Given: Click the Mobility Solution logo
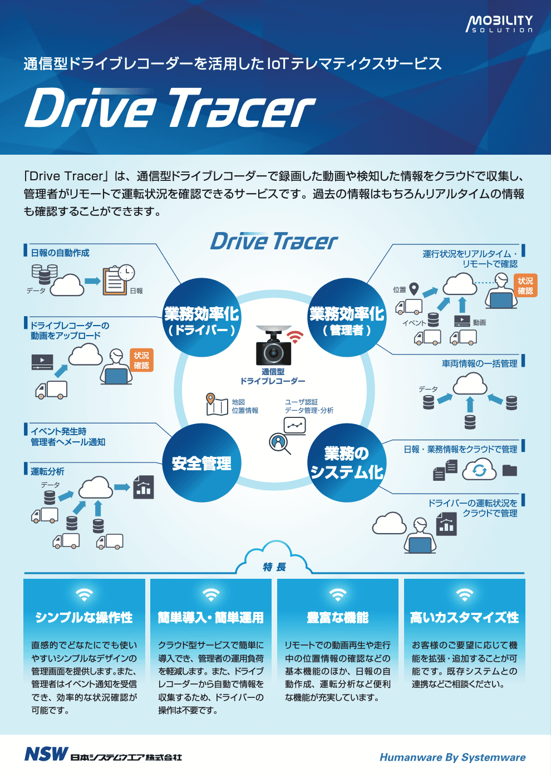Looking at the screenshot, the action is pyautogui.click(x=499, y=24).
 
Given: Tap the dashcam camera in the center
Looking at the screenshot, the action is pyautogui.click(x=273, y=346).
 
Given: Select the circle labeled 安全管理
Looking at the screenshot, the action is pyautogui.click(x=201, y=462).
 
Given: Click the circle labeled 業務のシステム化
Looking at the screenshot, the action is pyautogui.click(x=347, y=462).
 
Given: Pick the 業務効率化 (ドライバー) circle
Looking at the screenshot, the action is pyautogui.click(x=201, y=317).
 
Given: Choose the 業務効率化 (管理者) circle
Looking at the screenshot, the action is pyautogui.click(x=347, y=317).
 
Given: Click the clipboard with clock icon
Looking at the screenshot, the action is pyautogui.click(x=118, y=280).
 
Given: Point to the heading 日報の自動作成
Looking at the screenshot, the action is pyautogui.click(x=60, y=253).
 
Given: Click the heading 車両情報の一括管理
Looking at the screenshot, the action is pyautogui.click(x=479, y=363).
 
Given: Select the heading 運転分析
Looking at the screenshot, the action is pyautogui.click(x=48, y=471).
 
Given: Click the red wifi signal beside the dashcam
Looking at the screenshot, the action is pyautogui.click(x=295, y=336).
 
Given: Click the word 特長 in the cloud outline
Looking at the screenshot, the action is pyautogui.click(x=274, y=567).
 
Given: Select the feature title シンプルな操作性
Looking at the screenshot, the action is pyautogui.click(x=84, y=617).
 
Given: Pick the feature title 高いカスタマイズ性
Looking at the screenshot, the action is pyautogui.click(x=465, y=617).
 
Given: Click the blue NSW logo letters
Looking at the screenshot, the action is pyautogui.click(x=46, y=754).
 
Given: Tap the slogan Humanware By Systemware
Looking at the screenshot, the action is pyautogui.click(x=452, y=757).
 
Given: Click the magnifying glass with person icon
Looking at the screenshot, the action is pyautogui.click(x=279, y=444).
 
